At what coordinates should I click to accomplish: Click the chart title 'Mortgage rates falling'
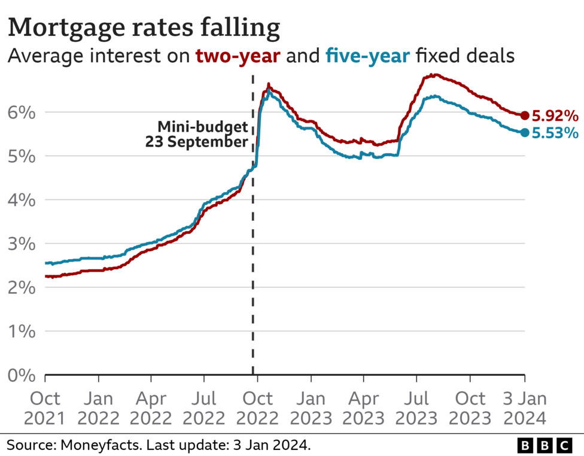[144, 28]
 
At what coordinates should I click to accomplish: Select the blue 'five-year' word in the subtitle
[367, 57]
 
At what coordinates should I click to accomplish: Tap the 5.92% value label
[556, 115]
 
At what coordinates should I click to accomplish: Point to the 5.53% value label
[556, 133]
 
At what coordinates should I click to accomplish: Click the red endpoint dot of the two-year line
[525, 115]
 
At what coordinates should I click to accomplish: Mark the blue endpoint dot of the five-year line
[525, 132]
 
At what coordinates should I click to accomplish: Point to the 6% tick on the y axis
[21, 113]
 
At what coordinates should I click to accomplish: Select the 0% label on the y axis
[21, 375]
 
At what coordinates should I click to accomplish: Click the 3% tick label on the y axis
[21, 244]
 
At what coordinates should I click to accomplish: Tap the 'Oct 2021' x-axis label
[45, 408]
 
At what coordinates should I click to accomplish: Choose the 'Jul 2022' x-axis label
[205, 408]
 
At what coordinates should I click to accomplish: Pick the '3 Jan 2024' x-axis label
[525, 408]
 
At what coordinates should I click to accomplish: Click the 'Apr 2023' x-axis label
[363, 408]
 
